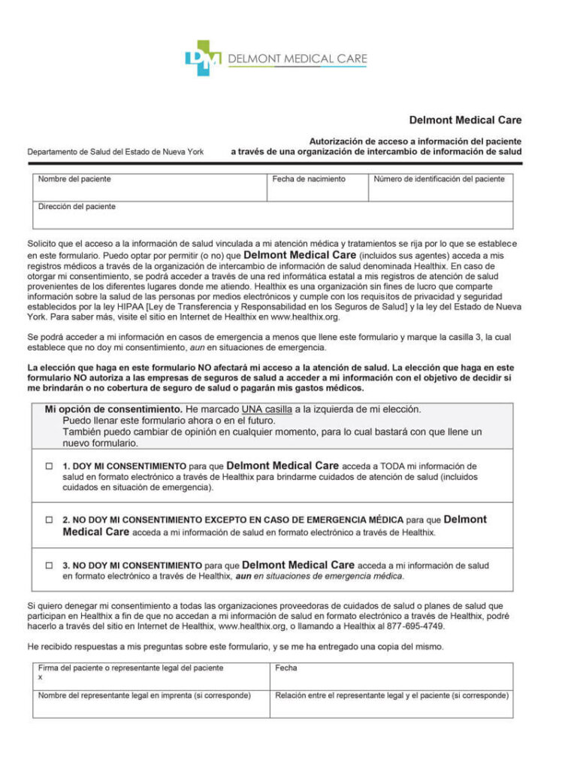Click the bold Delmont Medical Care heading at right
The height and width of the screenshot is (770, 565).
coord(465,120)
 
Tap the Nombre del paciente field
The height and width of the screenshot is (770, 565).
coord(150,188)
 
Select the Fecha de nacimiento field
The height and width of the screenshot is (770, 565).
coord(317,188)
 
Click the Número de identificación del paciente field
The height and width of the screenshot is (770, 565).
coord(440,188)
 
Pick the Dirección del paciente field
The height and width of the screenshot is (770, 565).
coord(273,216)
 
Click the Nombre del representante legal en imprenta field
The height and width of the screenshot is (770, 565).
coord(150,705)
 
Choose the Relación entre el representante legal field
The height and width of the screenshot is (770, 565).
coord(391,705)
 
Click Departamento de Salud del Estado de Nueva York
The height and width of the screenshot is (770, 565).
coord(116,152)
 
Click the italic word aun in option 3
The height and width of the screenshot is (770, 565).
coord(243,577)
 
